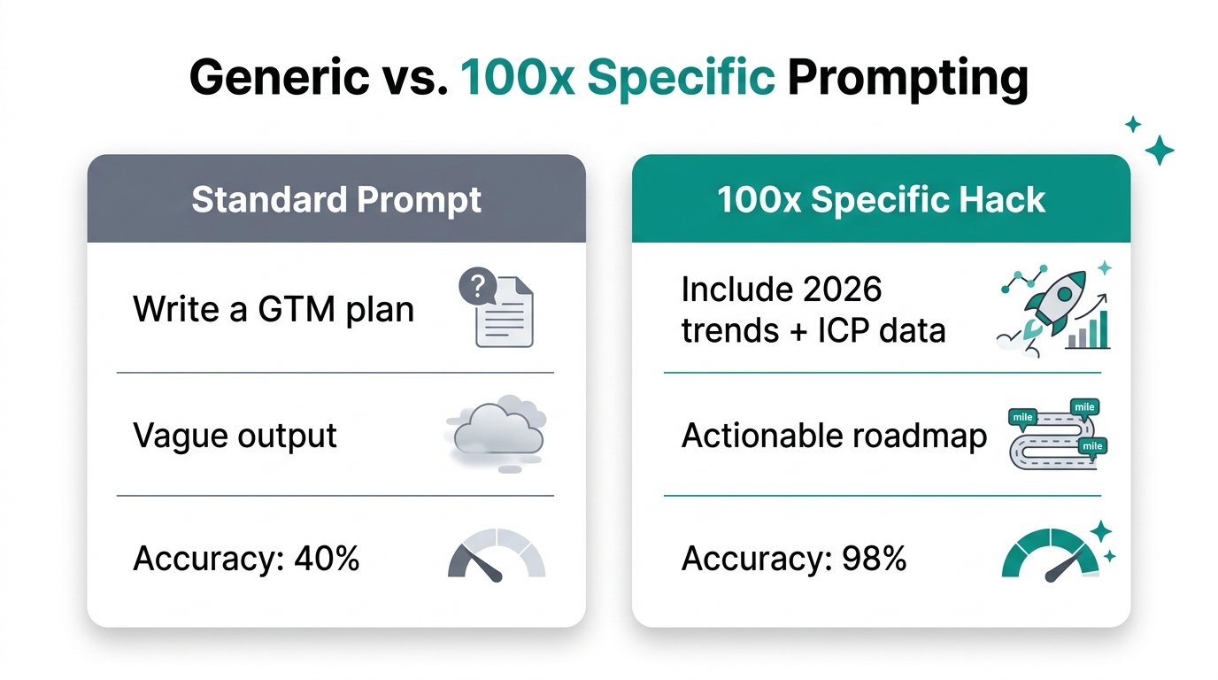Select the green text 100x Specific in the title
[x=618, y=78]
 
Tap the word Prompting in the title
[x=907, y=78]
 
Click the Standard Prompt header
[x=336, y=200]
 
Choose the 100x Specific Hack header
[x=881, y=200]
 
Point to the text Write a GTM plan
[x=274, y=309]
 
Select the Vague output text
[x=235, y=436]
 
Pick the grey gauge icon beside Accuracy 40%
[x=497, y=555]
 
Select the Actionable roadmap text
[x=834, y=436]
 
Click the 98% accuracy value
[x=876, y=559]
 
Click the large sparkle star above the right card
[x=1159, y=151]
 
